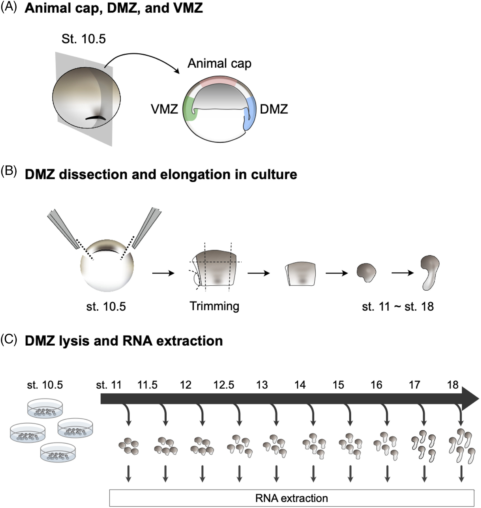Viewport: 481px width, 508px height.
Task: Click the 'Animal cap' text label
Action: point(219,64)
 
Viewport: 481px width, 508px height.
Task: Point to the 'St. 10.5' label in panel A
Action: point(84,39)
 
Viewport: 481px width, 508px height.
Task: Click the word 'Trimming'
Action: point(214,306)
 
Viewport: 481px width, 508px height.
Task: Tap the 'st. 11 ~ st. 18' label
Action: point(398,306)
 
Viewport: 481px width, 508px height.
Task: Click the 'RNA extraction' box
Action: point(292,498)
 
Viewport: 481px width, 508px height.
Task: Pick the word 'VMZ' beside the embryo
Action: point(164,109)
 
